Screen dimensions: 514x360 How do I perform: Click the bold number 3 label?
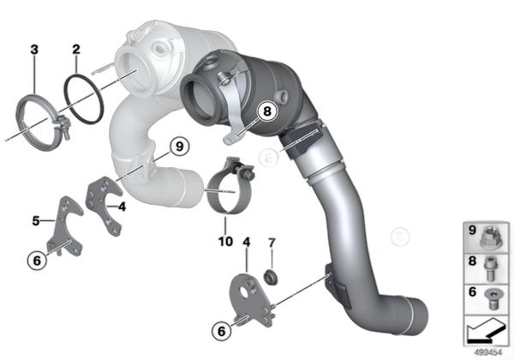(x=34, y=50)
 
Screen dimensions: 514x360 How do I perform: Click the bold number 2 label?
(x=76, y=50)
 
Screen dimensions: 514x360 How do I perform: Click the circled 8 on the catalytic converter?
(x=267, y=111)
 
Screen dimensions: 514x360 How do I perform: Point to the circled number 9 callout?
(x=180, y=147)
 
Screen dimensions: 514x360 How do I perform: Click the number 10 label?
(x=225, y=242)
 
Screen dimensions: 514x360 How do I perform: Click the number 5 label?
(x=36, y=221)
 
